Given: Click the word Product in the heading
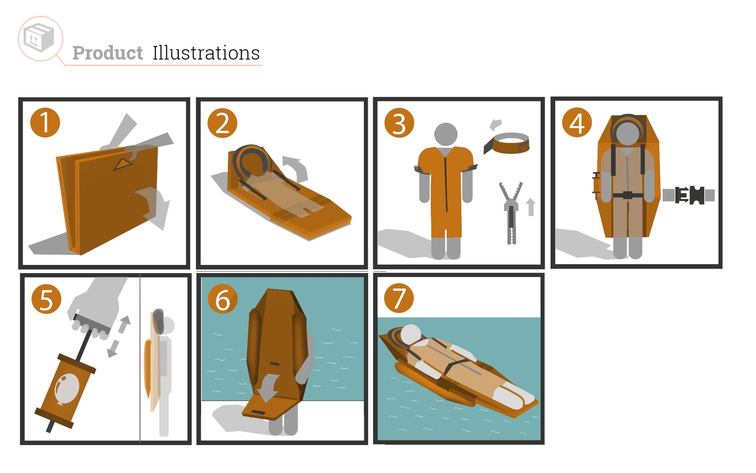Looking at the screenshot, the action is tap(107, 53).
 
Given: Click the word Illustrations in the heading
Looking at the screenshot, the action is tap(206, 53).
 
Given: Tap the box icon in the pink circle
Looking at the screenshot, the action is tap(39, 38).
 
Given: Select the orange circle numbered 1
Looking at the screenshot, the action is tap(45, 123).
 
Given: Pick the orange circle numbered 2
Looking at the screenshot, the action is tap(222, 123).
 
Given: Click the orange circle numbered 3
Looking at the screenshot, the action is tap(399, 123).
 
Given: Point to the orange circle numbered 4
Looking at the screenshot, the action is tap(577, 123).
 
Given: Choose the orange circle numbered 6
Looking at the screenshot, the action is tap(222, 299).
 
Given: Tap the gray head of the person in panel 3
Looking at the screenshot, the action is tap(446, 134).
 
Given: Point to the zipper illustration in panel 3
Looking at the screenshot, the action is tap(511, 213).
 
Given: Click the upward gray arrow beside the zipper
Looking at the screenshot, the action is tap(531, 207).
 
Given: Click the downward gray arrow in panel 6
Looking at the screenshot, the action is tap(269, 388).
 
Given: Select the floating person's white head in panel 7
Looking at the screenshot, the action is tap(411, 335).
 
